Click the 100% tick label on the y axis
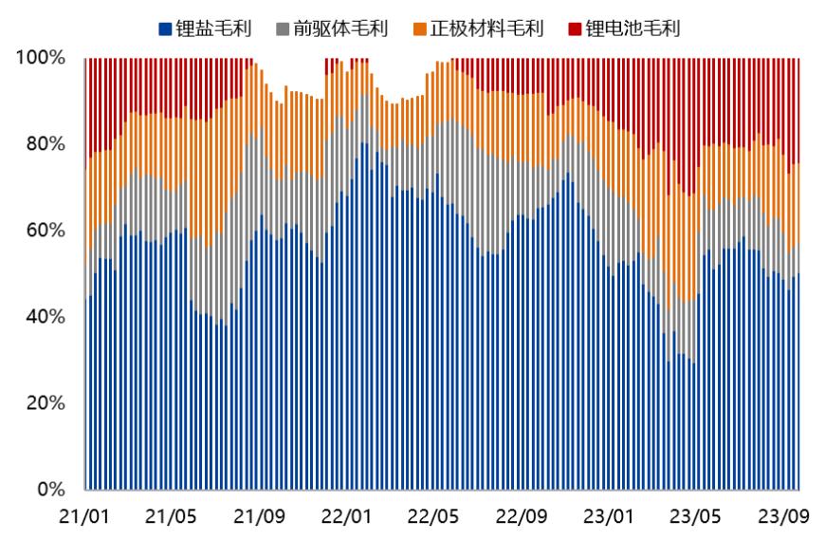[41, 58]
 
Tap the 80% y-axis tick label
[46, 144]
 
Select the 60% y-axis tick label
[46, 231]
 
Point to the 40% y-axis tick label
[46, 317]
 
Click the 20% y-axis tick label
[46, 403]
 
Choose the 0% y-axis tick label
[50, 490]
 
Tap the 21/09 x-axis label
[259, 517]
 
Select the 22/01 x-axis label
[346, 517]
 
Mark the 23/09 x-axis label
[783, 517]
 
